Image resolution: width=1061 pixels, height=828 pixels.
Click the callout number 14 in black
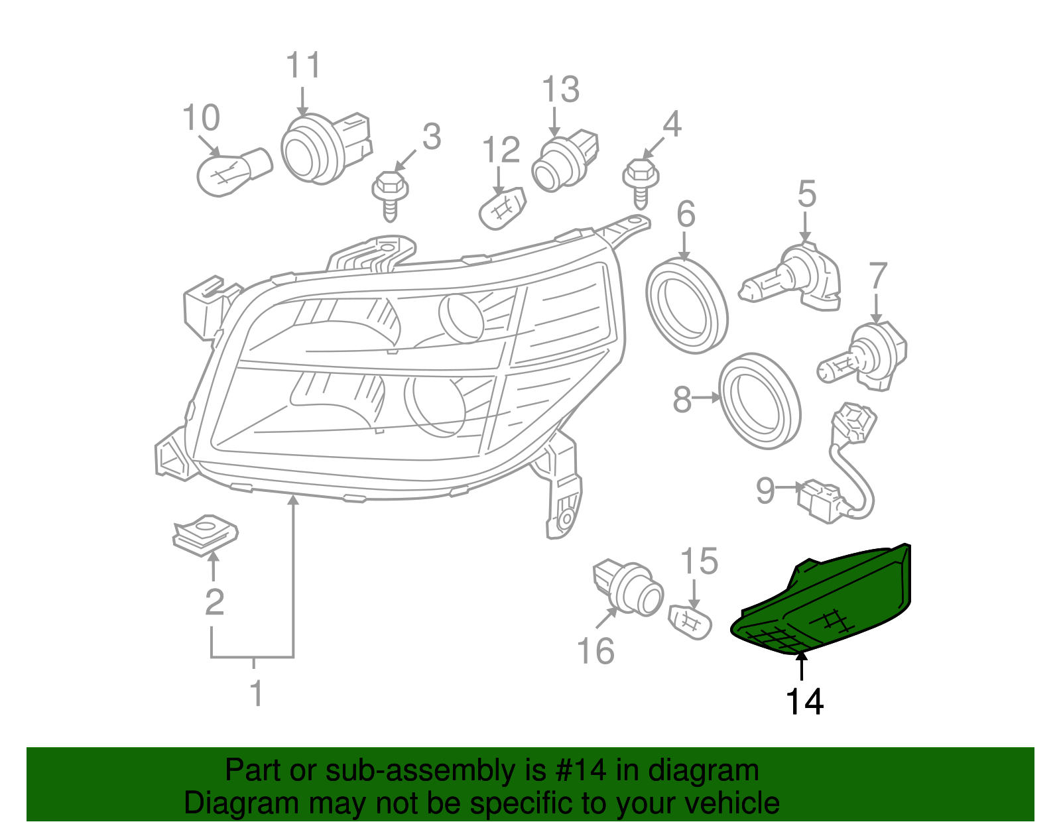tap(804, 701)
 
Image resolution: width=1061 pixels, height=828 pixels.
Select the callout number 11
tap(303, 66)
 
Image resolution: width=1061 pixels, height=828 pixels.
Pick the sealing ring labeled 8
tap(759, 402)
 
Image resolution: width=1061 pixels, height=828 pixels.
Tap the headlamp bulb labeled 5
tap(792, 278)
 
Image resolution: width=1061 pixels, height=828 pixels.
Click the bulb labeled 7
tap(862, 355)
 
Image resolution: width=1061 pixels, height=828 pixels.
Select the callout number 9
tap(765, 491)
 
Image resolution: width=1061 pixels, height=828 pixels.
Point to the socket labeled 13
tap(564, 162)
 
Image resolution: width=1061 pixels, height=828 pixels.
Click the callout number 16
tap(595, 651)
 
